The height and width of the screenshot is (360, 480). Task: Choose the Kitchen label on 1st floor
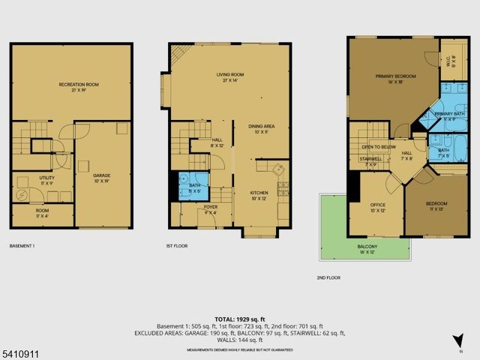(259, 195)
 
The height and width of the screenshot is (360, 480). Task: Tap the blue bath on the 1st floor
(194, 187)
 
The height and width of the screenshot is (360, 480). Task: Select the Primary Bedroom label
(395, 77)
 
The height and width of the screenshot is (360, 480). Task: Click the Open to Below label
(378, 147)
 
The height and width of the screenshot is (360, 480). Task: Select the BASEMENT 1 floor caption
(22, 245)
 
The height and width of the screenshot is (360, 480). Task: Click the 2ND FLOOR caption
(328, 277)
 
